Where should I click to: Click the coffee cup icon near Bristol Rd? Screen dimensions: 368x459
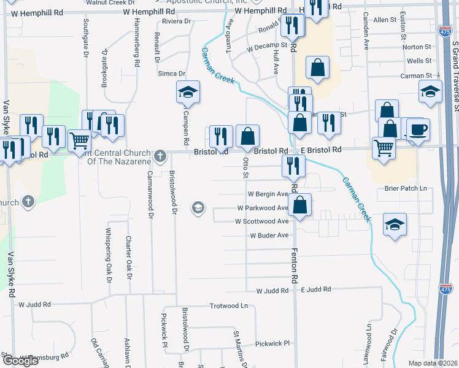[x=418, y=130]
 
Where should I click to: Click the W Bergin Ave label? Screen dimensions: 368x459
[x=268, y=194]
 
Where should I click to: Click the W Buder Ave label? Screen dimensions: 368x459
[x=269, y=236]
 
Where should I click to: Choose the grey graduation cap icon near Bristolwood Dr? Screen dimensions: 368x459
[x=198, y=209]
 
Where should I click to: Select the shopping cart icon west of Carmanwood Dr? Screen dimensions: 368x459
[x=79, y=142]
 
